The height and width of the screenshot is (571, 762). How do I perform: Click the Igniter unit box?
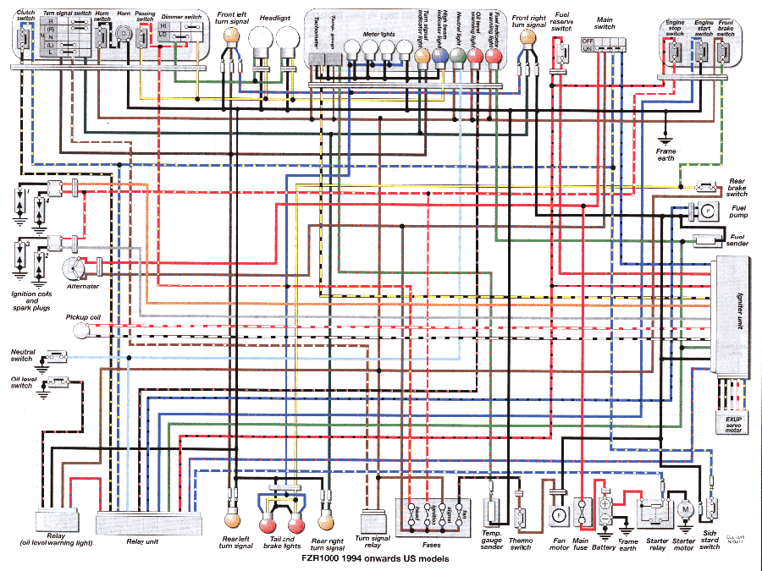[732, 317]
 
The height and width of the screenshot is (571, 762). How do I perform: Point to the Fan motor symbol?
[558, 514]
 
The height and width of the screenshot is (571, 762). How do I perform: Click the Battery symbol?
[605, 513]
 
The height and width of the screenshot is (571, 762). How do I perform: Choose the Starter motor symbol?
[683, 511]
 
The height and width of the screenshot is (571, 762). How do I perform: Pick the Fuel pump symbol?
[704, 209]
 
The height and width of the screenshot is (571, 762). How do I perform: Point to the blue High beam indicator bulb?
[439, 57]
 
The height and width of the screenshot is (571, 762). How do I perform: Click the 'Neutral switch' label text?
[22, 354]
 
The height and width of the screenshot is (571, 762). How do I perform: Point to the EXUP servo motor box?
[732, 423]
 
